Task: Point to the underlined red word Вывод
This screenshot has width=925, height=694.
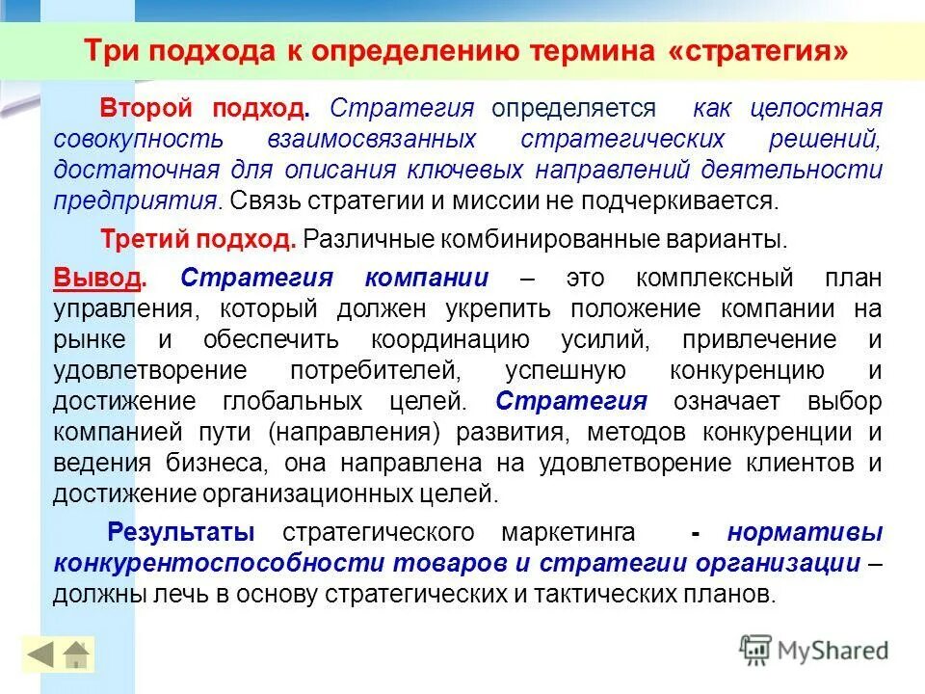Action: point(96,279)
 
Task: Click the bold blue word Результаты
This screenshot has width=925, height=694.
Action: point(181,532)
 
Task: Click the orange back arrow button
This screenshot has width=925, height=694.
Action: point(40,654)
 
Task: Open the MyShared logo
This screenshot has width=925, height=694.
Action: point(814,650)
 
